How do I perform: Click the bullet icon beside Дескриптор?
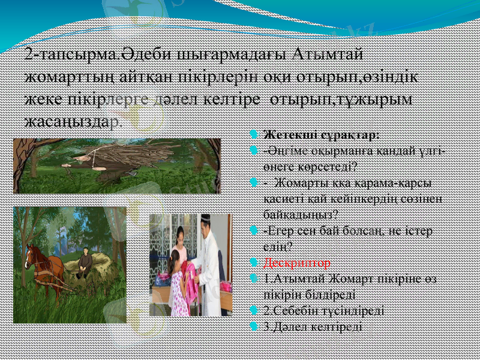[x=254, y=263]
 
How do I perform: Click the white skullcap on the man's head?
[x=205, y=219]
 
